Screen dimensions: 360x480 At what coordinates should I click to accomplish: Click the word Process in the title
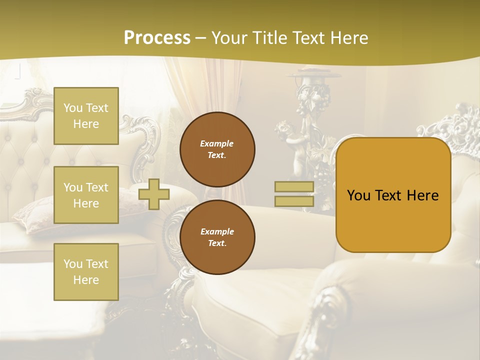point(157,38)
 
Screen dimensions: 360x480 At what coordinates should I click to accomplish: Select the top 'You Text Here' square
point(86,116)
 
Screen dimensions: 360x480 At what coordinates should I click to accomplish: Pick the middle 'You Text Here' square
point(86,195)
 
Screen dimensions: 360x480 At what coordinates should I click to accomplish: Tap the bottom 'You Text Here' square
point(86,272)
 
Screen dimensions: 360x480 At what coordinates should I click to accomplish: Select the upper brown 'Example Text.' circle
point(217,149)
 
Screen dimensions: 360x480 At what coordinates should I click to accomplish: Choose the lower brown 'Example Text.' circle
point(217,237)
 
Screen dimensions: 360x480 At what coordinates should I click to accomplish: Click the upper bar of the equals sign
point(294,187)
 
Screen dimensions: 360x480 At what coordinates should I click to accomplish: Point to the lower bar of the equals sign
point(294,201)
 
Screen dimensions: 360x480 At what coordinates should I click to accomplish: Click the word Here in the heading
point(348,38)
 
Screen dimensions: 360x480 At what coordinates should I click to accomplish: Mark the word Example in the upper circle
point(217,143)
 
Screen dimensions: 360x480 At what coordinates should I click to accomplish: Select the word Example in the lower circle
point(217,231)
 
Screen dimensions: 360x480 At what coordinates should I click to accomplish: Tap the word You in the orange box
point(358,195)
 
